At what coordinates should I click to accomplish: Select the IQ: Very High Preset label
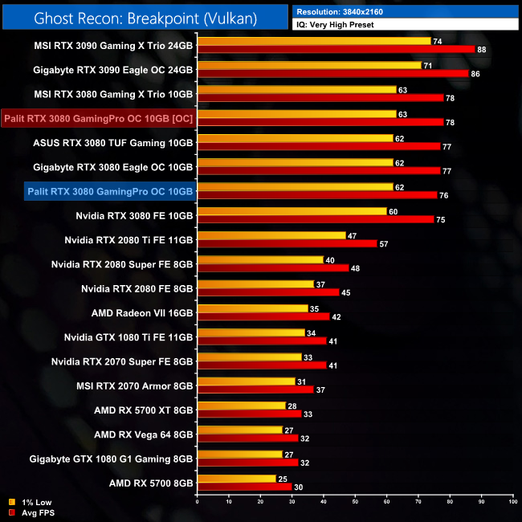[x=340, y=25]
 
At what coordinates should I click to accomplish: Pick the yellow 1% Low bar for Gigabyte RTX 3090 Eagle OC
[x=309, y=65]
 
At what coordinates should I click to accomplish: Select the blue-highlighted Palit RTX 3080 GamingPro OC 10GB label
[x=110, y=191]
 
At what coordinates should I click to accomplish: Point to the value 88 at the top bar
[x=482, y=50]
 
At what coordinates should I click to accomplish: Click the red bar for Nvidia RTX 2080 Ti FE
[x=287, y=243]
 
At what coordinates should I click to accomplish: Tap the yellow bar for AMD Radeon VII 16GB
[x=252, y=308]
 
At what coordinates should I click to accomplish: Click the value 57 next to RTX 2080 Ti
[x=384, y=243]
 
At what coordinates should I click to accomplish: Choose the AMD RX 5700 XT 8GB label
[x=144, y=410]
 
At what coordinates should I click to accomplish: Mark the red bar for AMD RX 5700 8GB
[x=244, y=487]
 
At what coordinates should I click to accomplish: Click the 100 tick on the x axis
[x=512, y=502]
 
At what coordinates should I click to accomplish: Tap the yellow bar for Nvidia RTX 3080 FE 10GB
[x=292, y=212]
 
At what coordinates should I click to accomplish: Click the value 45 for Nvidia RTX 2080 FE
[x=346, y=292]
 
